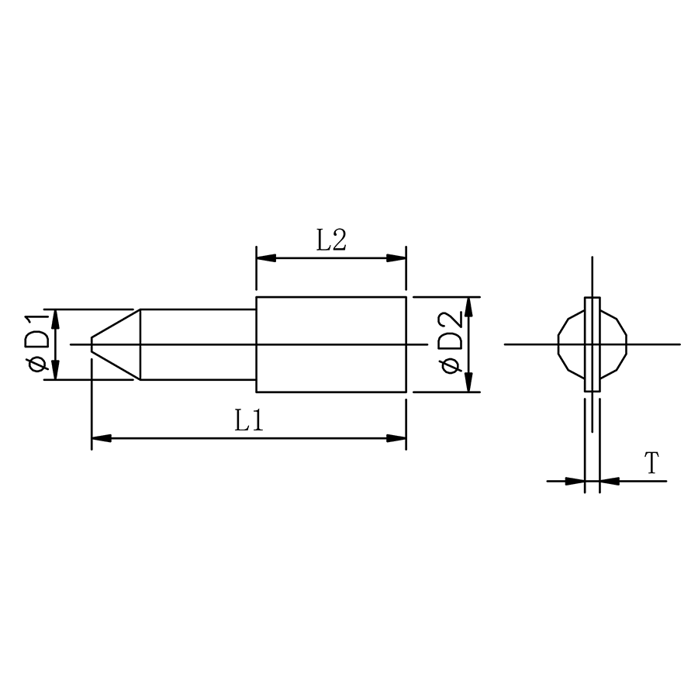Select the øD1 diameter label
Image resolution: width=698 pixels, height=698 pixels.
pyautogui.click(x=38, y=344)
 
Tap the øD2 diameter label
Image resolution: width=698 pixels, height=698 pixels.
pyautogui.click(x=451, y=344)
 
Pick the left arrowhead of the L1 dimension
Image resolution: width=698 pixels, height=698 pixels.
pyautogui.click(x=101, y=438)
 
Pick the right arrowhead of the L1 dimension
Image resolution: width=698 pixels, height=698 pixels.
pyautogui.click(x=397, y=438)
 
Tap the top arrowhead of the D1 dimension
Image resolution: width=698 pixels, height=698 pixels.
pyautogui.click(x=55, y=318)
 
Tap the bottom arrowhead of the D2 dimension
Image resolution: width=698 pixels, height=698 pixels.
pyautogui.click(x=469, y=383)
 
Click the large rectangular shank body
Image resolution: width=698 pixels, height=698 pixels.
pyautogui.click(x=331, y=365)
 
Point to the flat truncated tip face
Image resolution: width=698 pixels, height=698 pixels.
pyautogui.click(x=92, y=344)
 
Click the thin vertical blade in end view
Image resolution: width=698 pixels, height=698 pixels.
pyautogui.click(x=592, y=365)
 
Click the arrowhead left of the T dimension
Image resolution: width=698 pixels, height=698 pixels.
pyautogui.click(x=575, y=481)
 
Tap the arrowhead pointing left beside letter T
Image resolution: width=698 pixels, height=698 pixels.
pyautogui.click(x=610, y=481)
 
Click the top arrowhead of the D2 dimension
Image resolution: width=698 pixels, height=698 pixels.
pyautogui.click(x=469, y=306)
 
